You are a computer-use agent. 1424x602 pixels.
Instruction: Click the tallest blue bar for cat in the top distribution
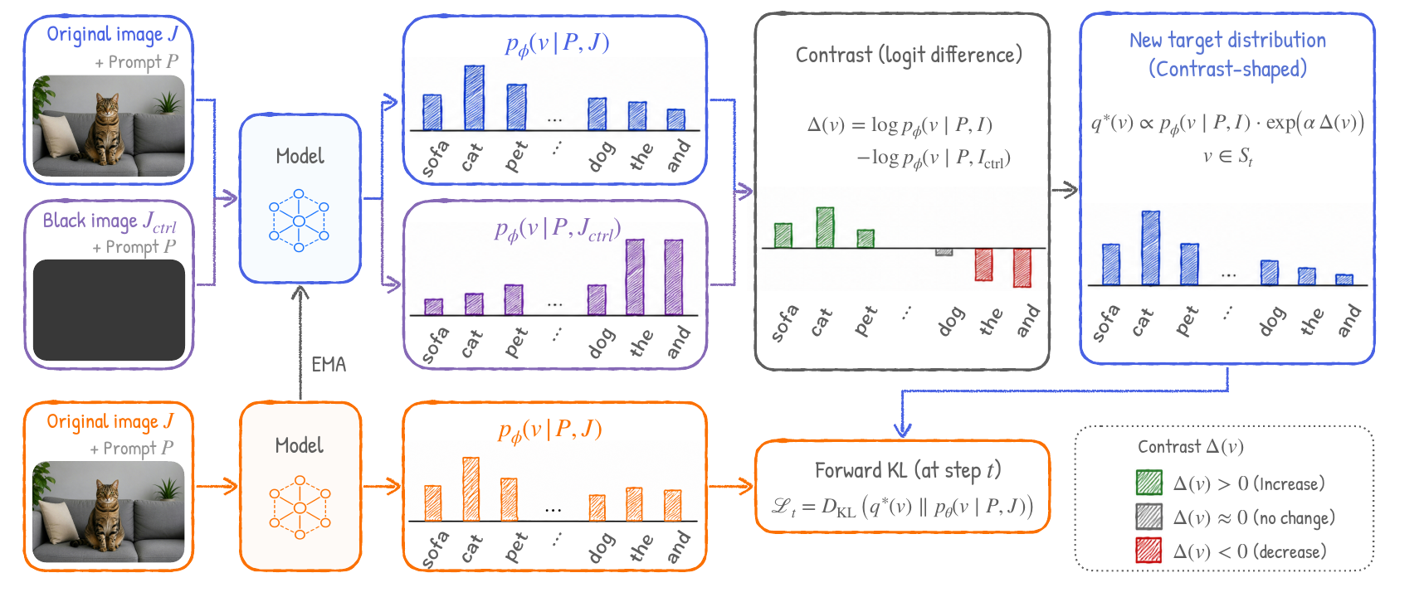(x=474, y=98)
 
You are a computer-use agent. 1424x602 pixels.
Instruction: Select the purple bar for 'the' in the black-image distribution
(x=635, y=277)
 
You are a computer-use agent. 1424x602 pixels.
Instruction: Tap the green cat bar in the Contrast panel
(x=825, y=227)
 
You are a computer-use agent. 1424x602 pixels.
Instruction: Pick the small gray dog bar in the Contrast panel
(x=944, y=252)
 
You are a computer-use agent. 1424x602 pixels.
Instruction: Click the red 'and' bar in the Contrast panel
(x=1022, y=268)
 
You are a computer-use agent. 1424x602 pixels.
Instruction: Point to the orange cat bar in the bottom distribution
(x=471, y=489)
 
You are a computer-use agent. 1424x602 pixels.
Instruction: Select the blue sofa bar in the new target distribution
(x=1111, y=265)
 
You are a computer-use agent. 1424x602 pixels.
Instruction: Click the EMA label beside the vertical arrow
(x=329, y=364)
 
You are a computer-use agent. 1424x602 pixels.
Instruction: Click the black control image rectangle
(x=109, y=310)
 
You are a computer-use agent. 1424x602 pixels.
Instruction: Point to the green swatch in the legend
(x=1148, y=483)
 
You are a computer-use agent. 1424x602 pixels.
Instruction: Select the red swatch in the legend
(x=1148, y=551)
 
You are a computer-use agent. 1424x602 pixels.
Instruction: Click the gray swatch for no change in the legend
(x=1148, y=517)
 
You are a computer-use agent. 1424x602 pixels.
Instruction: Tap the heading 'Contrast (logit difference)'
(x=909, y=56)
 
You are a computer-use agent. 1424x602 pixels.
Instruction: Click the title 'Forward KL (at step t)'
(x=908, y=471)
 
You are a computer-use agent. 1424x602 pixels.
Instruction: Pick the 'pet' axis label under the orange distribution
(x=515, y=546)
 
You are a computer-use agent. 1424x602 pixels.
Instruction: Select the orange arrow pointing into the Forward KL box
(x=731, y=486)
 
